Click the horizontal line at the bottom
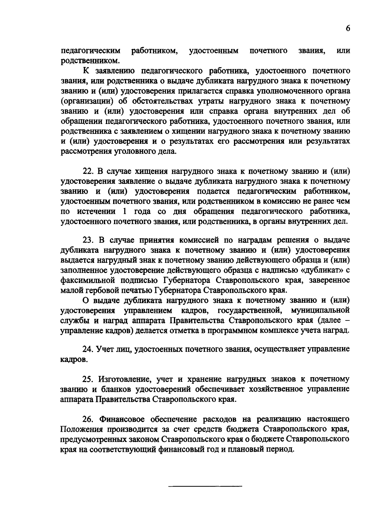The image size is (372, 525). [x=205, y=486]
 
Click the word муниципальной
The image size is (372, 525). [x=321, y=310]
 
